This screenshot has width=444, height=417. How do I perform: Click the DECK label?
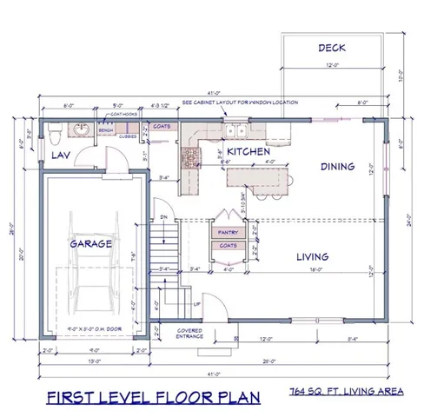[332, 48]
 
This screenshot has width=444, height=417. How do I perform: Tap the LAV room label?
[59, 155]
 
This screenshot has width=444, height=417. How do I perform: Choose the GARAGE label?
[90, 244]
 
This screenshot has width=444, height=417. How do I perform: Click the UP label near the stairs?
[196, 305]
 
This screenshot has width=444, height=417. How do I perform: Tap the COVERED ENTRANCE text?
[189, 334]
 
